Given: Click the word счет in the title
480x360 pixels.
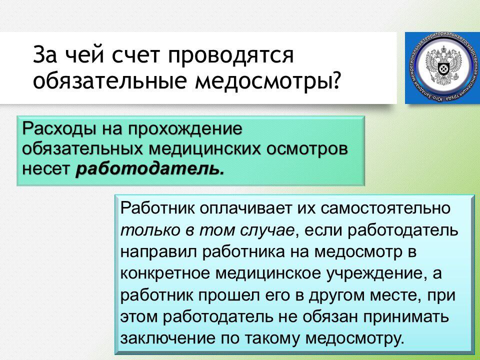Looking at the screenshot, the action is (x=135, y=55).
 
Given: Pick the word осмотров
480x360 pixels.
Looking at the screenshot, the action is (x=307, y=150).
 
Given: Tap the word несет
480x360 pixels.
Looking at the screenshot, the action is (x=46, y=169).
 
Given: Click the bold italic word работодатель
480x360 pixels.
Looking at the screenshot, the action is (x=149, y=168).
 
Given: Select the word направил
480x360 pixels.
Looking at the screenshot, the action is (x=159, y=252).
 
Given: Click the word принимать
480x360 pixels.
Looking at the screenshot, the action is (x=406, y=317).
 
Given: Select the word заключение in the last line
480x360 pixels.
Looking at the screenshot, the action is (x=167, y=339).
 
